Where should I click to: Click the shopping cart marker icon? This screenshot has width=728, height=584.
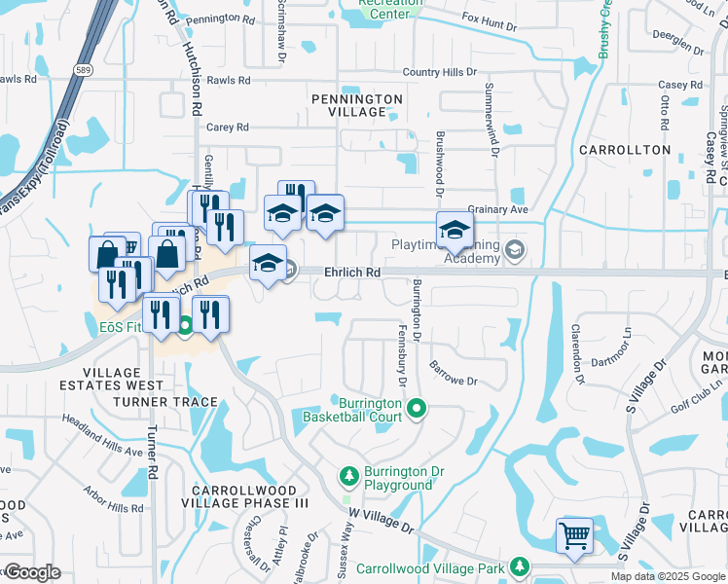coord(574,534)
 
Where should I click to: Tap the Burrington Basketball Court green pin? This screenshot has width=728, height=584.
coord(417,408)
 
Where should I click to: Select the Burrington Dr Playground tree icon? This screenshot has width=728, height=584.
coord(348,476)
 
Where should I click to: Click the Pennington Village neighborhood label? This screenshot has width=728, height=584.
coord(357,105)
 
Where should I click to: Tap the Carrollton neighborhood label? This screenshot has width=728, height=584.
coord(638,150)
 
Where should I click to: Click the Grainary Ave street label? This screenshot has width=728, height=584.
coord(497,209)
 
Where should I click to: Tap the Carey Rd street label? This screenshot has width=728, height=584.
coord(228,127)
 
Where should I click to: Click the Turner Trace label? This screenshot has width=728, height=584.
coord(164,401)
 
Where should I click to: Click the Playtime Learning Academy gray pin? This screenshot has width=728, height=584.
coord(515,250)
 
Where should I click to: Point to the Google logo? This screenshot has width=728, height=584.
coord(31,572)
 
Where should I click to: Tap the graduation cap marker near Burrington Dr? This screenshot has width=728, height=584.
coord(454,231)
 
